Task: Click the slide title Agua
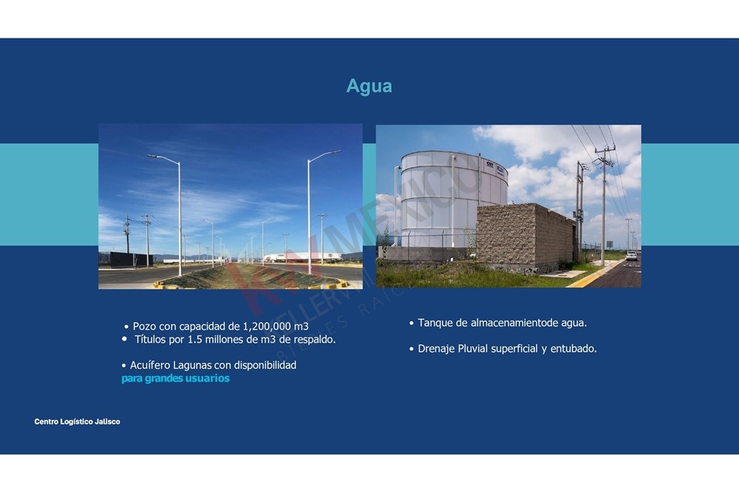(369, 86)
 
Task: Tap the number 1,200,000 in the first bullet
(270, 326)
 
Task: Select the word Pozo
(144, 326)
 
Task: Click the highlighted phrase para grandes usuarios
(175, 378)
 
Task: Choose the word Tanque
(435, 323)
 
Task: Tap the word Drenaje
(436, 348)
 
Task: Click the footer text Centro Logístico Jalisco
(77, 421)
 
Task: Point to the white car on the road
(631, 256)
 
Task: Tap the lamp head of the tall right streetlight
(334, 152)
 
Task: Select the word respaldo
(316, 339)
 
